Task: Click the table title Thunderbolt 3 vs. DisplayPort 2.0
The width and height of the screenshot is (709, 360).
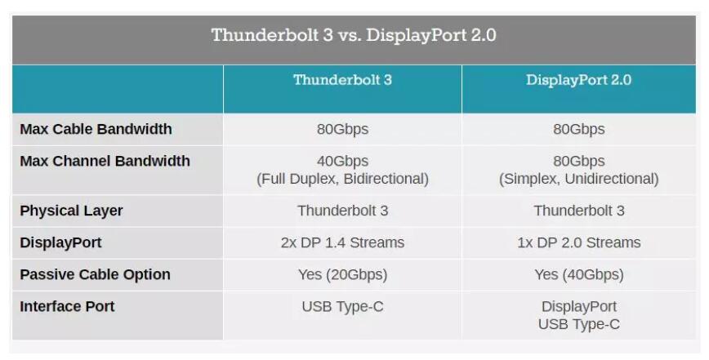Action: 354,35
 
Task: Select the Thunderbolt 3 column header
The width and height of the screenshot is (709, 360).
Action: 342,80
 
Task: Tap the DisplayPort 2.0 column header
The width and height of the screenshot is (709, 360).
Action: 578,80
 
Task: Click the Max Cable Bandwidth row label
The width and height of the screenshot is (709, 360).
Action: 96,129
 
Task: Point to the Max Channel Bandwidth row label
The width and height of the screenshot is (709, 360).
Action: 105,162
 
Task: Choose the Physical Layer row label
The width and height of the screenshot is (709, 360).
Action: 71,211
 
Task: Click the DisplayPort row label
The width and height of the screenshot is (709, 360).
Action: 60,243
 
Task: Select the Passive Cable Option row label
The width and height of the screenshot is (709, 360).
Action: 95,274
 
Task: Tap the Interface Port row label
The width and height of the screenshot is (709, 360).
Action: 67,307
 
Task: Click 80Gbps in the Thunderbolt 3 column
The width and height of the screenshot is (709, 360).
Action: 342,130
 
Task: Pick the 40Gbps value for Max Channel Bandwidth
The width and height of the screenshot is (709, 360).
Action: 342,162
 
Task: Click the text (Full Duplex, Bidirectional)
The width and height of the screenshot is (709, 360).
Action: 342,179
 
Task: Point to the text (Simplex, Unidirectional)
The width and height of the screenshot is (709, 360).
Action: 579,179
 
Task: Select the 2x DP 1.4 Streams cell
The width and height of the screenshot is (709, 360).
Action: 342,243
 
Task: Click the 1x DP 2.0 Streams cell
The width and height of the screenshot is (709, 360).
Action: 579,243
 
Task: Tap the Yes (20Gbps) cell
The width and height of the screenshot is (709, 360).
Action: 342,274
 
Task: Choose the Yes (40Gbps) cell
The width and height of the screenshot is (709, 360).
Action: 579,274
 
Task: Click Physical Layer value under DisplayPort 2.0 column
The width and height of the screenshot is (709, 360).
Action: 579,211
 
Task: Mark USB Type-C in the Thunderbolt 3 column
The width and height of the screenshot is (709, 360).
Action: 342,307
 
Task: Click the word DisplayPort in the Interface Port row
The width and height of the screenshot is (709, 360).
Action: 579,307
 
